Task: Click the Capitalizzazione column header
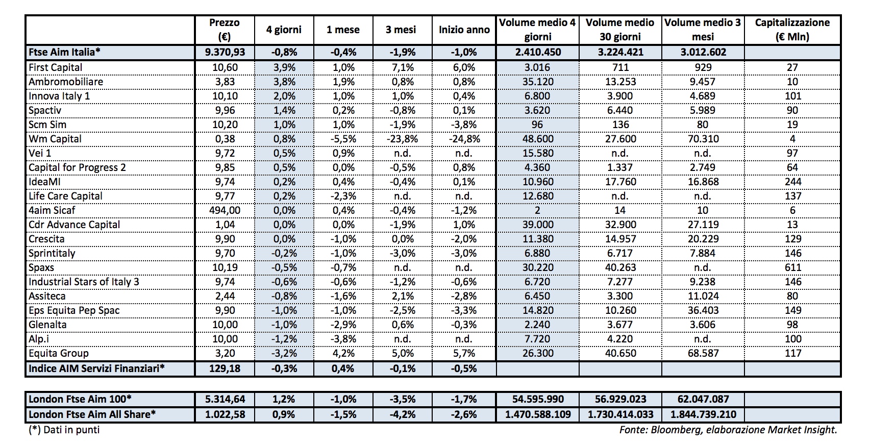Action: tap(792, 30)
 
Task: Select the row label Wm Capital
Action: tap(55, 139)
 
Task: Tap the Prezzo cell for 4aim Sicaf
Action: tap(225, 210)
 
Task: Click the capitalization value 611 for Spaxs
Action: tap(792, 267)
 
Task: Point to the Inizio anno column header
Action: tap(464, 30)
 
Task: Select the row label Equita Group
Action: tap(59, 353)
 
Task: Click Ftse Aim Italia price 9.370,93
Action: tap(225, 52)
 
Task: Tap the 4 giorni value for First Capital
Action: tap(284, 67)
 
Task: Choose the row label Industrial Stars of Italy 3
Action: tap(84, 282)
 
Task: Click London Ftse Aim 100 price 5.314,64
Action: tap(225, 399)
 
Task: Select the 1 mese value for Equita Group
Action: tap(343, 353)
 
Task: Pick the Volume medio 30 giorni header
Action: tap(620, 30)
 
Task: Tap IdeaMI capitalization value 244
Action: tap(792, 182)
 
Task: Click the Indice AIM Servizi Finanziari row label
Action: tap(96, 368)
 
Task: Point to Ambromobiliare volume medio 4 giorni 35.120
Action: tap(537, 82)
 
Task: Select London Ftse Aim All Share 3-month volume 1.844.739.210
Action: tap(703, 414)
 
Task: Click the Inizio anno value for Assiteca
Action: tap(464, 296)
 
